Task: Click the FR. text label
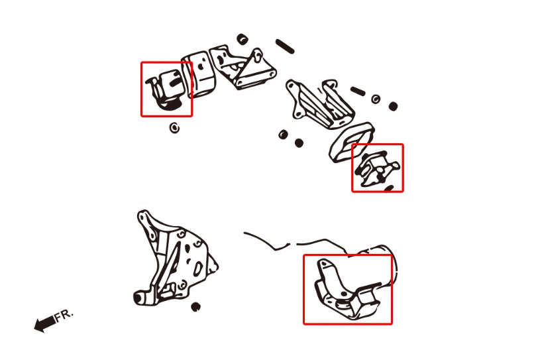coord(64,315)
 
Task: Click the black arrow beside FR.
coord(45,324)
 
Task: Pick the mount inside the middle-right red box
coord(377,170)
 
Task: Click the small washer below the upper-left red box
coord(175,128)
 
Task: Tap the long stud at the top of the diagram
coord(285,46)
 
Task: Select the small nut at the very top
coord(243,39)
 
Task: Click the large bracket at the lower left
coord(174,259)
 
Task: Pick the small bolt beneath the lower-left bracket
coord(195,306)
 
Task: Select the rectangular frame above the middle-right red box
coord(352,142)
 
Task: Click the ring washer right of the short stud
coord(376,99)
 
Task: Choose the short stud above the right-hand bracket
coord(358,91)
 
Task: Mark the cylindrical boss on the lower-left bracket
coord(140,298)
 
